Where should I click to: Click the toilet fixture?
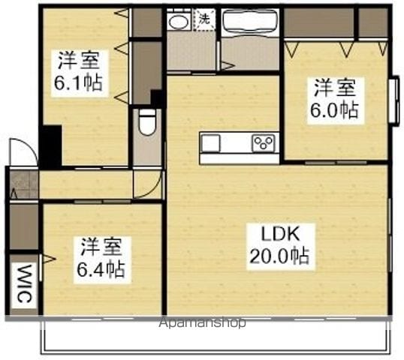pos(147,121)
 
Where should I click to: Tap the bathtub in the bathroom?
pos(249,22)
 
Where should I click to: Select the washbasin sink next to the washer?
pos(178,20)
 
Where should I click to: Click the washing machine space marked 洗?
pos(204,19)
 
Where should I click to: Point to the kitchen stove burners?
pos(264,143)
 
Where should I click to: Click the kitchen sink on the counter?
pos(211,143)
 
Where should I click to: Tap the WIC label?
pos(25,283)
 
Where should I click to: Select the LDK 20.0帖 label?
pos(280,247)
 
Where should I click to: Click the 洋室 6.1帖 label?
pos(79,73)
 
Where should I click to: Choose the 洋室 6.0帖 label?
pos(335,100)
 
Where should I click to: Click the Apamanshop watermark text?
pos(202,322)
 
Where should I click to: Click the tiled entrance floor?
pos(24,184)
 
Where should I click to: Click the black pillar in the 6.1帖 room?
pos(52,146)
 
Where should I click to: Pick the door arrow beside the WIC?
pos(48,259)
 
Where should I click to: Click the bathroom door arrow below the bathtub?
pos(228,66)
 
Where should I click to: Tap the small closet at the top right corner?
pos(372,22)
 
